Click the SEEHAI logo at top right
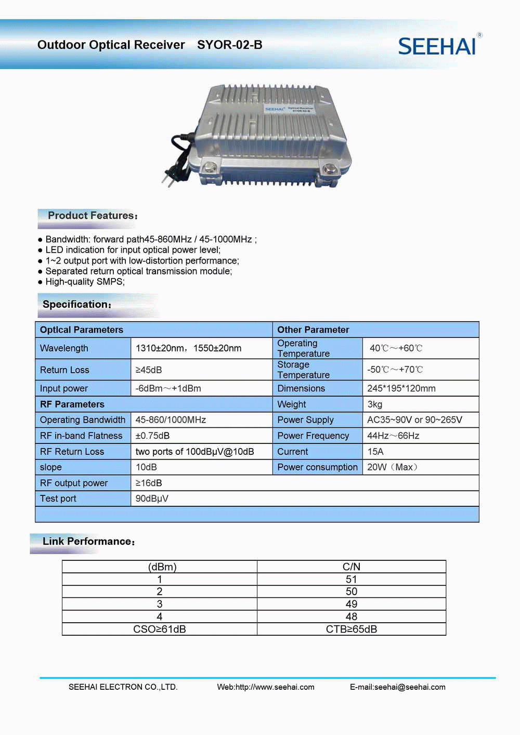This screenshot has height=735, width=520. [437, 46]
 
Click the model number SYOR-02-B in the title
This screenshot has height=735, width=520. [229, 45]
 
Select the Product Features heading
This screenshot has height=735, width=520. [93, 216]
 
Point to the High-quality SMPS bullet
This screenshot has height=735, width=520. [85, 282]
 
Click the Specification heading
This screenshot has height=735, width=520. [76, 305]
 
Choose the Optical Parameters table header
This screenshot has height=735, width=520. [82, 330]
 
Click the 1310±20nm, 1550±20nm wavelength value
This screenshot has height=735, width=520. [188, 348]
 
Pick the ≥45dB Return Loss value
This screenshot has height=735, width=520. [149, 370]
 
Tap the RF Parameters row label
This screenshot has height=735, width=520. [72, 404]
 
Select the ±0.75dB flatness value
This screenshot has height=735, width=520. [152, 436]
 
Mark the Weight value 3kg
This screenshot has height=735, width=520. [375, 404]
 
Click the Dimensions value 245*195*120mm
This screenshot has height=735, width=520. [401, 388]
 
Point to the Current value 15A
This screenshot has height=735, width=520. [375, 452]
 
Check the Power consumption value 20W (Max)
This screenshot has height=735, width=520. [392, 467]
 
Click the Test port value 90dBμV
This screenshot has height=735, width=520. [152, 498]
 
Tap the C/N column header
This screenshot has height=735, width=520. [352, 567]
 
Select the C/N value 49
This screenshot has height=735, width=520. [352, 604]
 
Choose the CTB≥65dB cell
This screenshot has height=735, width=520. [352, 629]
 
